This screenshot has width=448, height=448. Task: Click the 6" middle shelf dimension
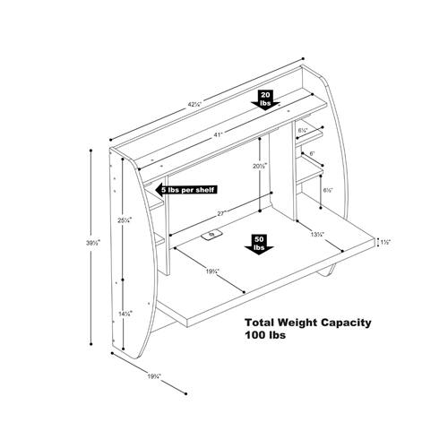311,154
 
